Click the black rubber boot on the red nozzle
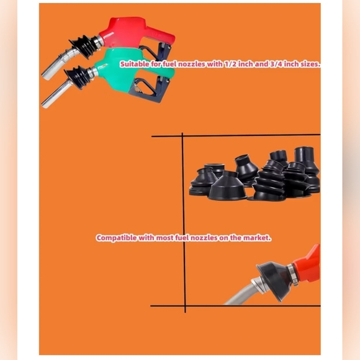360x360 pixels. coord(84,48)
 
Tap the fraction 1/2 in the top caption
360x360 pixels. coord(230,64)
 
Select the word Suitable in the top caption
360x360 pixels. coord(135,64)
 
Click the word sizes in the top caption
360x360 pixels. coord(310,64)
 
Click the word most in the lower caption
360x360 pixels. coord(164,238)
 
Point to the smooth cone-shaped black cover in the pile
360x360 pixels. coord(227,186)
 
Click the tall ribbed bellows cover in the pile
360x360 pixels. coord(270,181)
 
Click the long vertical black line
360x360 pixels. coord(184,223)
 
